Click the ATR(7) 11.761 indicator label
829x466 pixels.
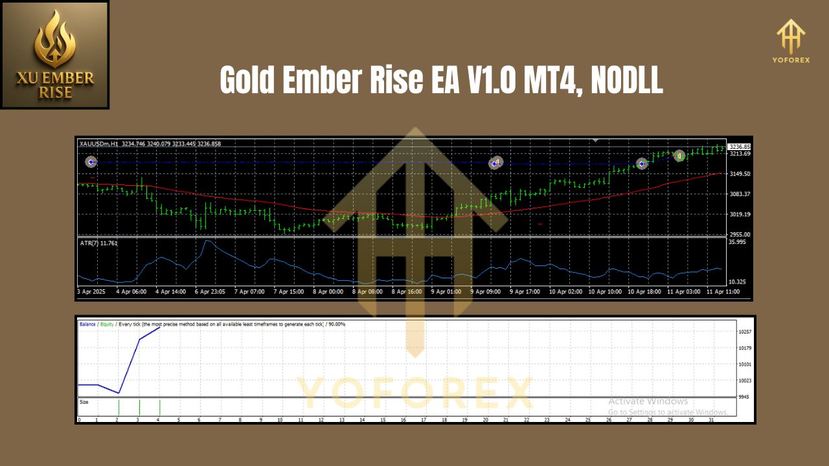(99, 243)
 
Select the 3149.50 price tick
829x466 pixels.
(740, 174)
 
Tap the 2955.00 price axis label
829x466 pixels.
(740, 234)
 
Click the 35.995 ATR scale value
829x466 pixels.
(738, 242)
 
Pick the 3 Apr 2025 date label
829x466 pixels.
(91, 292)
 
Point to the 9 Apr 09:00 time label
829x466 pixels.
(486, 292)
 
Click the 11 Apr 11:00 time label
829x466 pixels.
(723, 292)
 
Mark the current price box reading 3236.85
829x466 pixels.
(739, 147)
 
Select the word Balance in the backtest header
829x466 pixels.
(87, 324)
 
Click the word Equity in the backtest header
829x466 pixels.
(108, 324)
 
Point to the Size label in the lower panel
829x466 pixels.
(84, 402)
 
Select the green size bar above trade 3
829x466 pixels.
(139, 408)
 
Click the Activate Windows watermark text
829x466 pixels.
(648, 401)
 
